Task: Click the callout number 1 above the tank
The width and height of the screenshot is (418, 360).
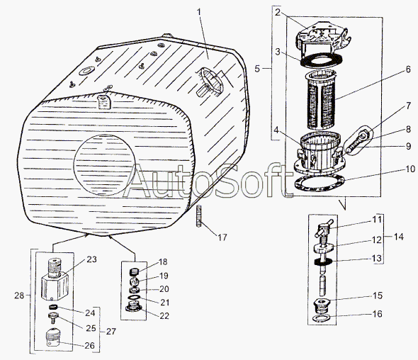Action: tap(199, 12)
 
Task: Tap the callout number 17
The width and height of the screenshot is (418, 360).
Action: tap(222, 237)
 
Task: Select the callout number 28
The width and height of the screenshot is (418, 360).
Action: tap(19, 296)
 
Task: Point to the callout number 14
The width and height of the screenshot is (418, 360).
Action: tap(399, 237)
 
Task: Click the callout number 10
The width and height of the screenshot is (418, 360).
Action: tap(410, 169)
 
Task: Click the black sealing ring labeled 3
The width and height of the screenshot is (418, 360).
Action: tap(321, 60)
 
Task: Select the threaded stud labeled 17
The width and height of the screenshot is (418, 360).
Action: tap(199, 216)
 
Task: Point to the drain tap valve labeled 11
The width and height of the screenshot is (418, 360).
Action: tap(324, 230)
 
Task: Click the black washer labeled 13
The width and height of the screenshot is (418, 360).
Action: tap(323, 262)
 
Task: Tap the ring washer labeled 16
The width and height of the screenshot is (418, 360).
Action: tap(321, 318)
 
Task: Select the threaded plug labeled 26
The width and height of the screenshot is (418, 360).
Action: tap(54, 337)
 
